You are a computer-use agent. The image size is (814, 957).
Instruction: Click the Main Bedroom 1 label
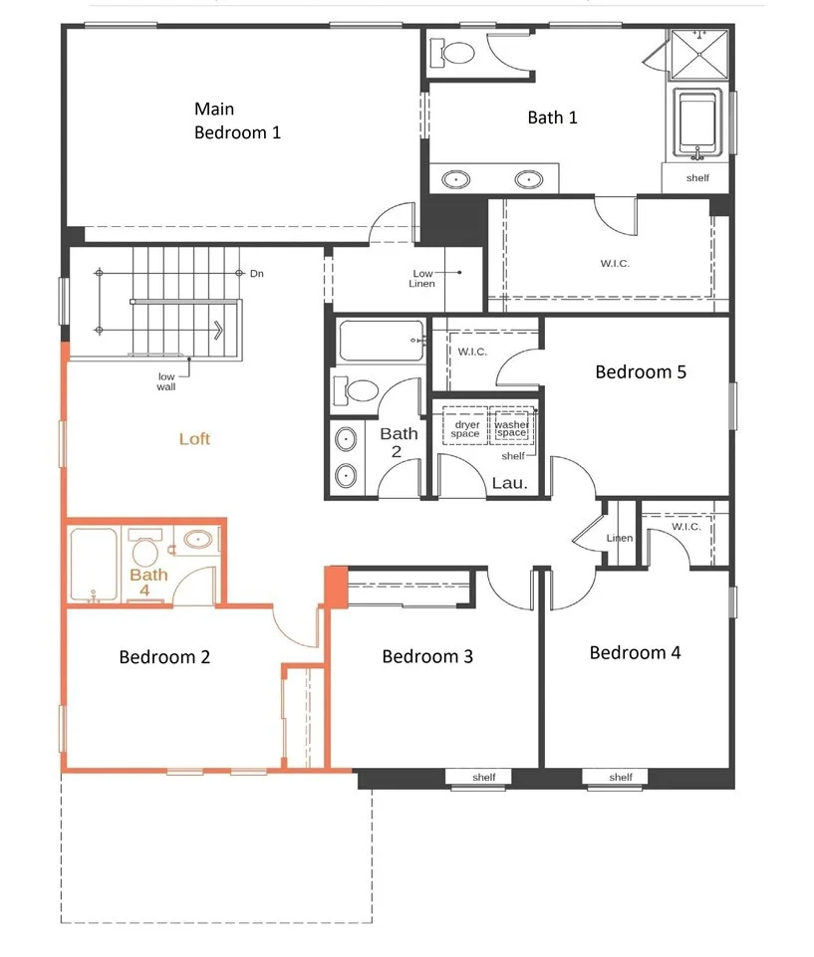[237, 120]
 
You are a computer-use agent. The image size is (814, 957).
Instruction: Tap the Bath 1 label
[552, 118]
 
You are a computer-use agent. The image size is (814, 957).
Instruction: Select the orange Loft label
[195, 439]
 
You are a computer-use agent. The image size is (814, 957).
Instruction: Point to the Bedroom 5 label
[641, 371]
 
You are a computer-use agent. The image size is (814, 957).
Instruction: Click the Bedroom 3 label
[427, 656]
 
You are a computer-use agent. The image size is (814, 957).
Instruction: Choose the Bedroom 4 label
[635, 652]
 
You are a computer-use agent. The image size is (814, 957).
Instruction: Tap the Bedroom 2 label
[164, 656]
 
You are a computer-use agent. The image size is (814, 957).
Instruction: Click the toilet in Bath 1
[452, 53]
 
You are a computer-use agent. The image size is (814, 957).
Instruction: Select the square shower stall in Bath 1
[699, 55]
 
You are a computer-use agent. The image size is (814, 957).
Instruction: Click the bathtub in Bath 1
[698, 123]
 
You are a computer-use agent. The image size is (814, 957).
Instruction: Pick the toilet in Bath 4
[145, 547]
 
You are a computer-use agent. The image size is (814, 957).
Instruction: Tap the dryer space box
[465, 425]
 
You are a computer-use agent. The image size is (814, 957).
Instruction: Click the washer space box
[512, 425]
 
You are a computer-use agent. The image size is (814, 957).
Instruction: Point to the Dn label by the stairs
[257, 274]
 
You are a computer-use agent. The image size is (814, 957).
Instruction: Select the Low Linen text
[422, 278]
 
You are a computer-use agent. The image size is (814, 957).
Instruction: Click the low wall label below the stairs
[166, 381]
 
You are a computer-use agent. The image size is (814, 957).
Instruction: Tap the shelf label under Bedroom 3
[483, 777]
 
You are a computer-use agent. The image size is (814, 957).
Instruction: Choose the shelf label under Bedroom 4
[621, 777]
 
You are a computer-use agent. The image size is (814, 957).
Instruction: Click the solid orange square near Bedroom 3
[335, 588]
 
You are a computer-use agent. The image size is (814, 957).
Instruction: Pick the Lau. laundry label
[509, 483]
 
